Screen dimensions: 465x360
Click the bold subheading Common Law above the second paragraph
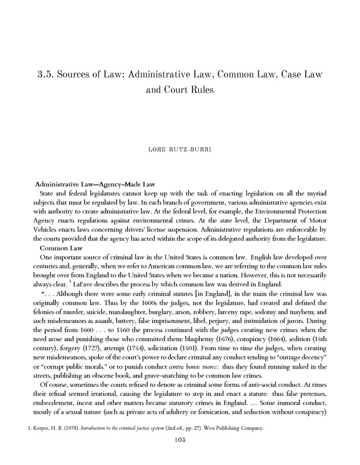point(61,249)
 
